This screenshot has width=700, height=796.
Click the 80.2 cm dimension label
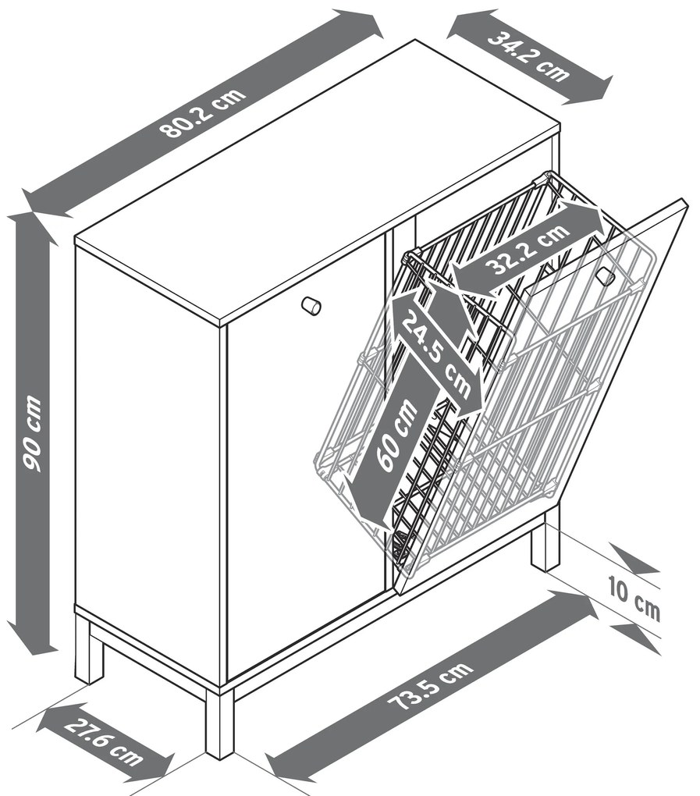(203, 112)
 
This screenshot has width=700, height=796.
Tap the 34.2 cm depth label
(528, 56)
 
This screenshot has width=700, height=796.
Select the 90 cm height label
(32, 433)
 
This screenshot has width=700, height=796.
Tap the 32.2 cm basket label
(524, 249)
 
